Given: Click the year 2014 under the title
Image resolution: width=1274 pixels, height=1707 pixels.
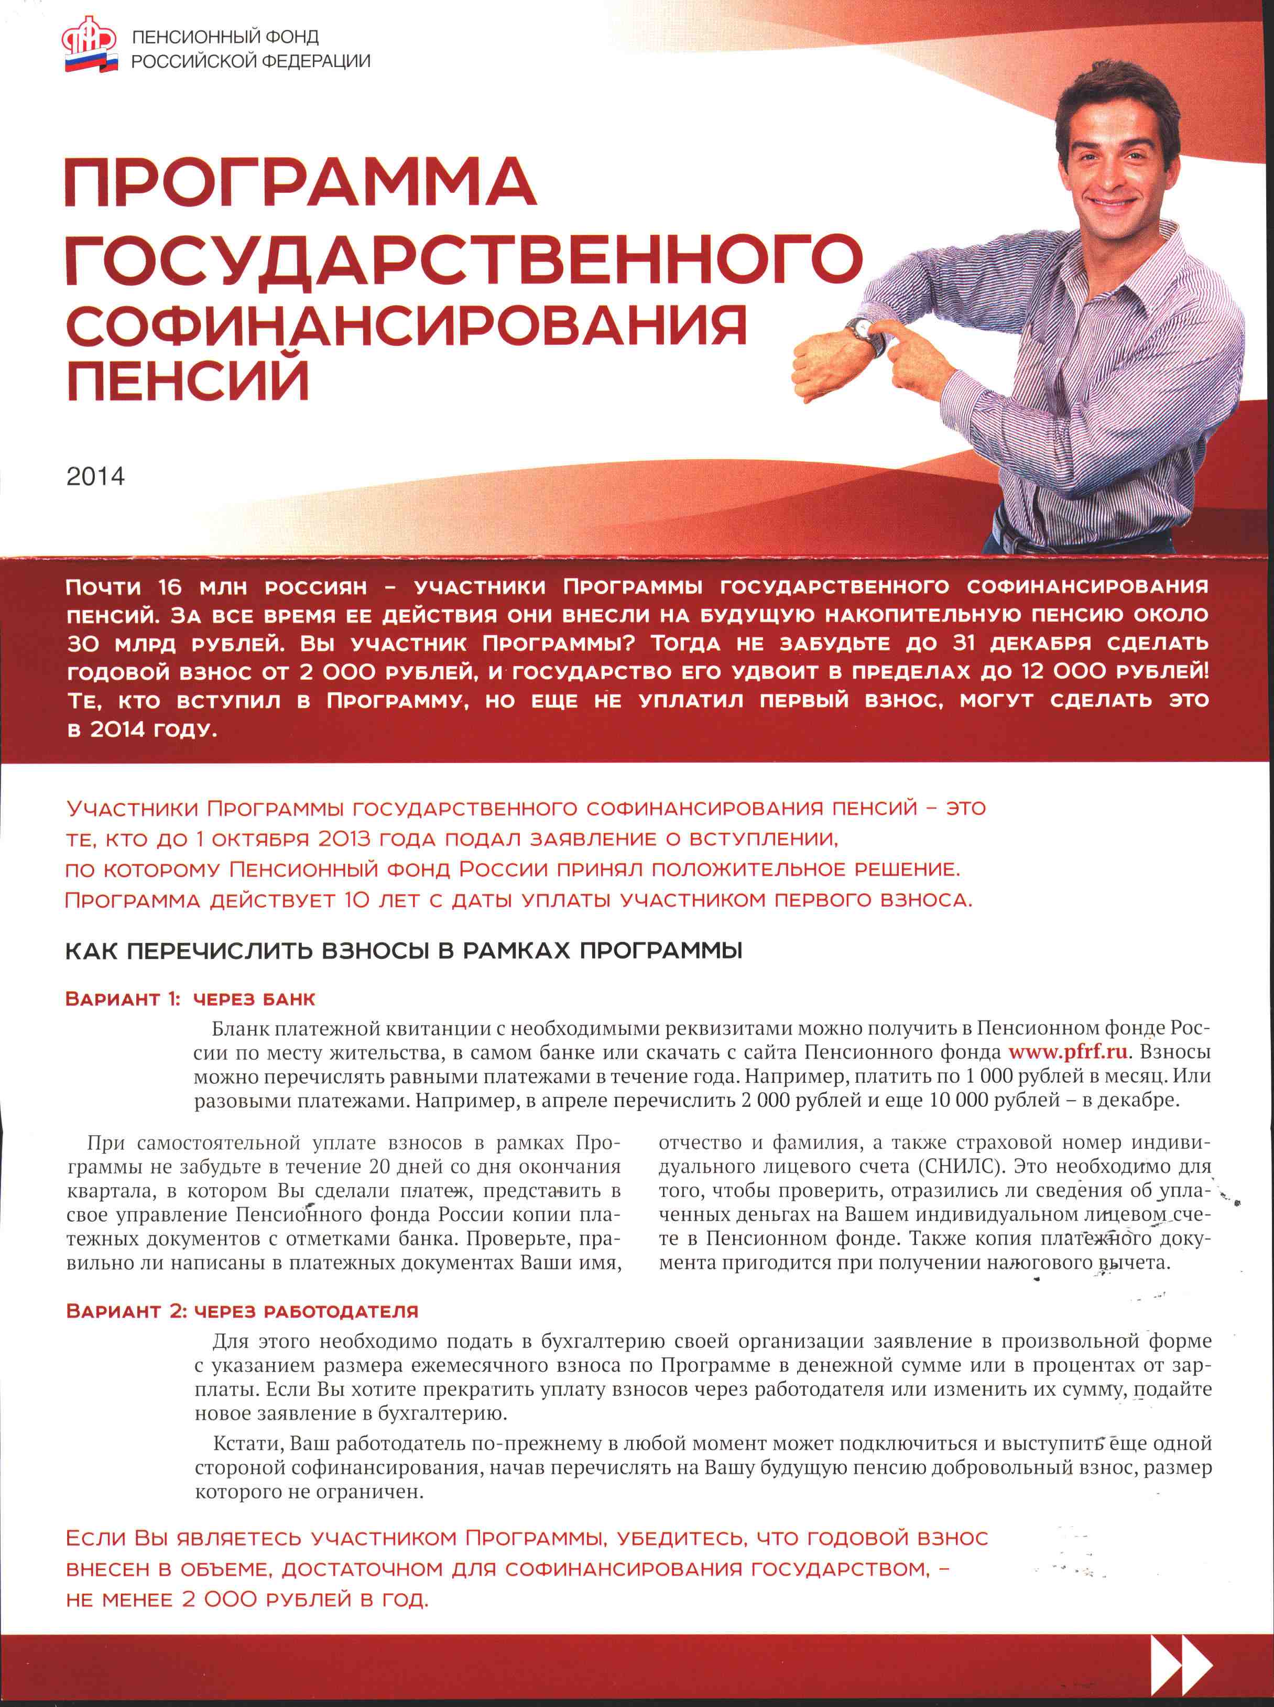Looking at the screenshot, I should tap(95, 476).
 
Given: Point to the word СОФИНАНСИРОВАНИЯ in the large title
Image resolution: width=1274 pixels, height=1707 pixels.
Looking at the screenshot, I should tap(407, 325).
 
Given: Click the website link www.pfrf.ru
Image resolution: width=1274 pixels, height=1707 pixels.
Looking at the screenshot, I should tap(1068, 1051).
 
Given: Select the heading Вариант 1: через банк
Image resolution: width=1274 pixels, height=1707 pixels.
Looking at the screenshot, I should tap(190, 999).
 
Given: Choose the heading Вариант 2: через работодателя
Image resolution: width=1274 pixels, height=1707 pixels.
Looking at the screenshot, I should tap(242, 1311).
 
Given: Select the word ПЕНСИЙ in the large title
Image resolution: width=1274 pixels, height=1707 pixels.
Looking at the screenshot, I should tap(188, 379).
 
